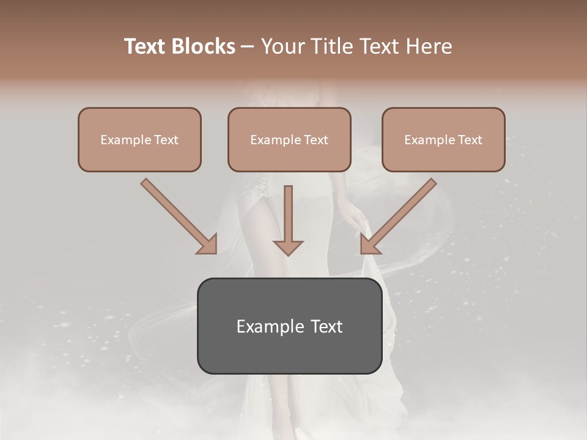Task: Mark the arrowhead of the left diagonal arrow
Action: [208, 244]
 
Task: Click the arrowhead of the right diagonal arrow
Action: [369, 244]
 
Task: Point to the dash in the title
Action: [248, 47]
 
